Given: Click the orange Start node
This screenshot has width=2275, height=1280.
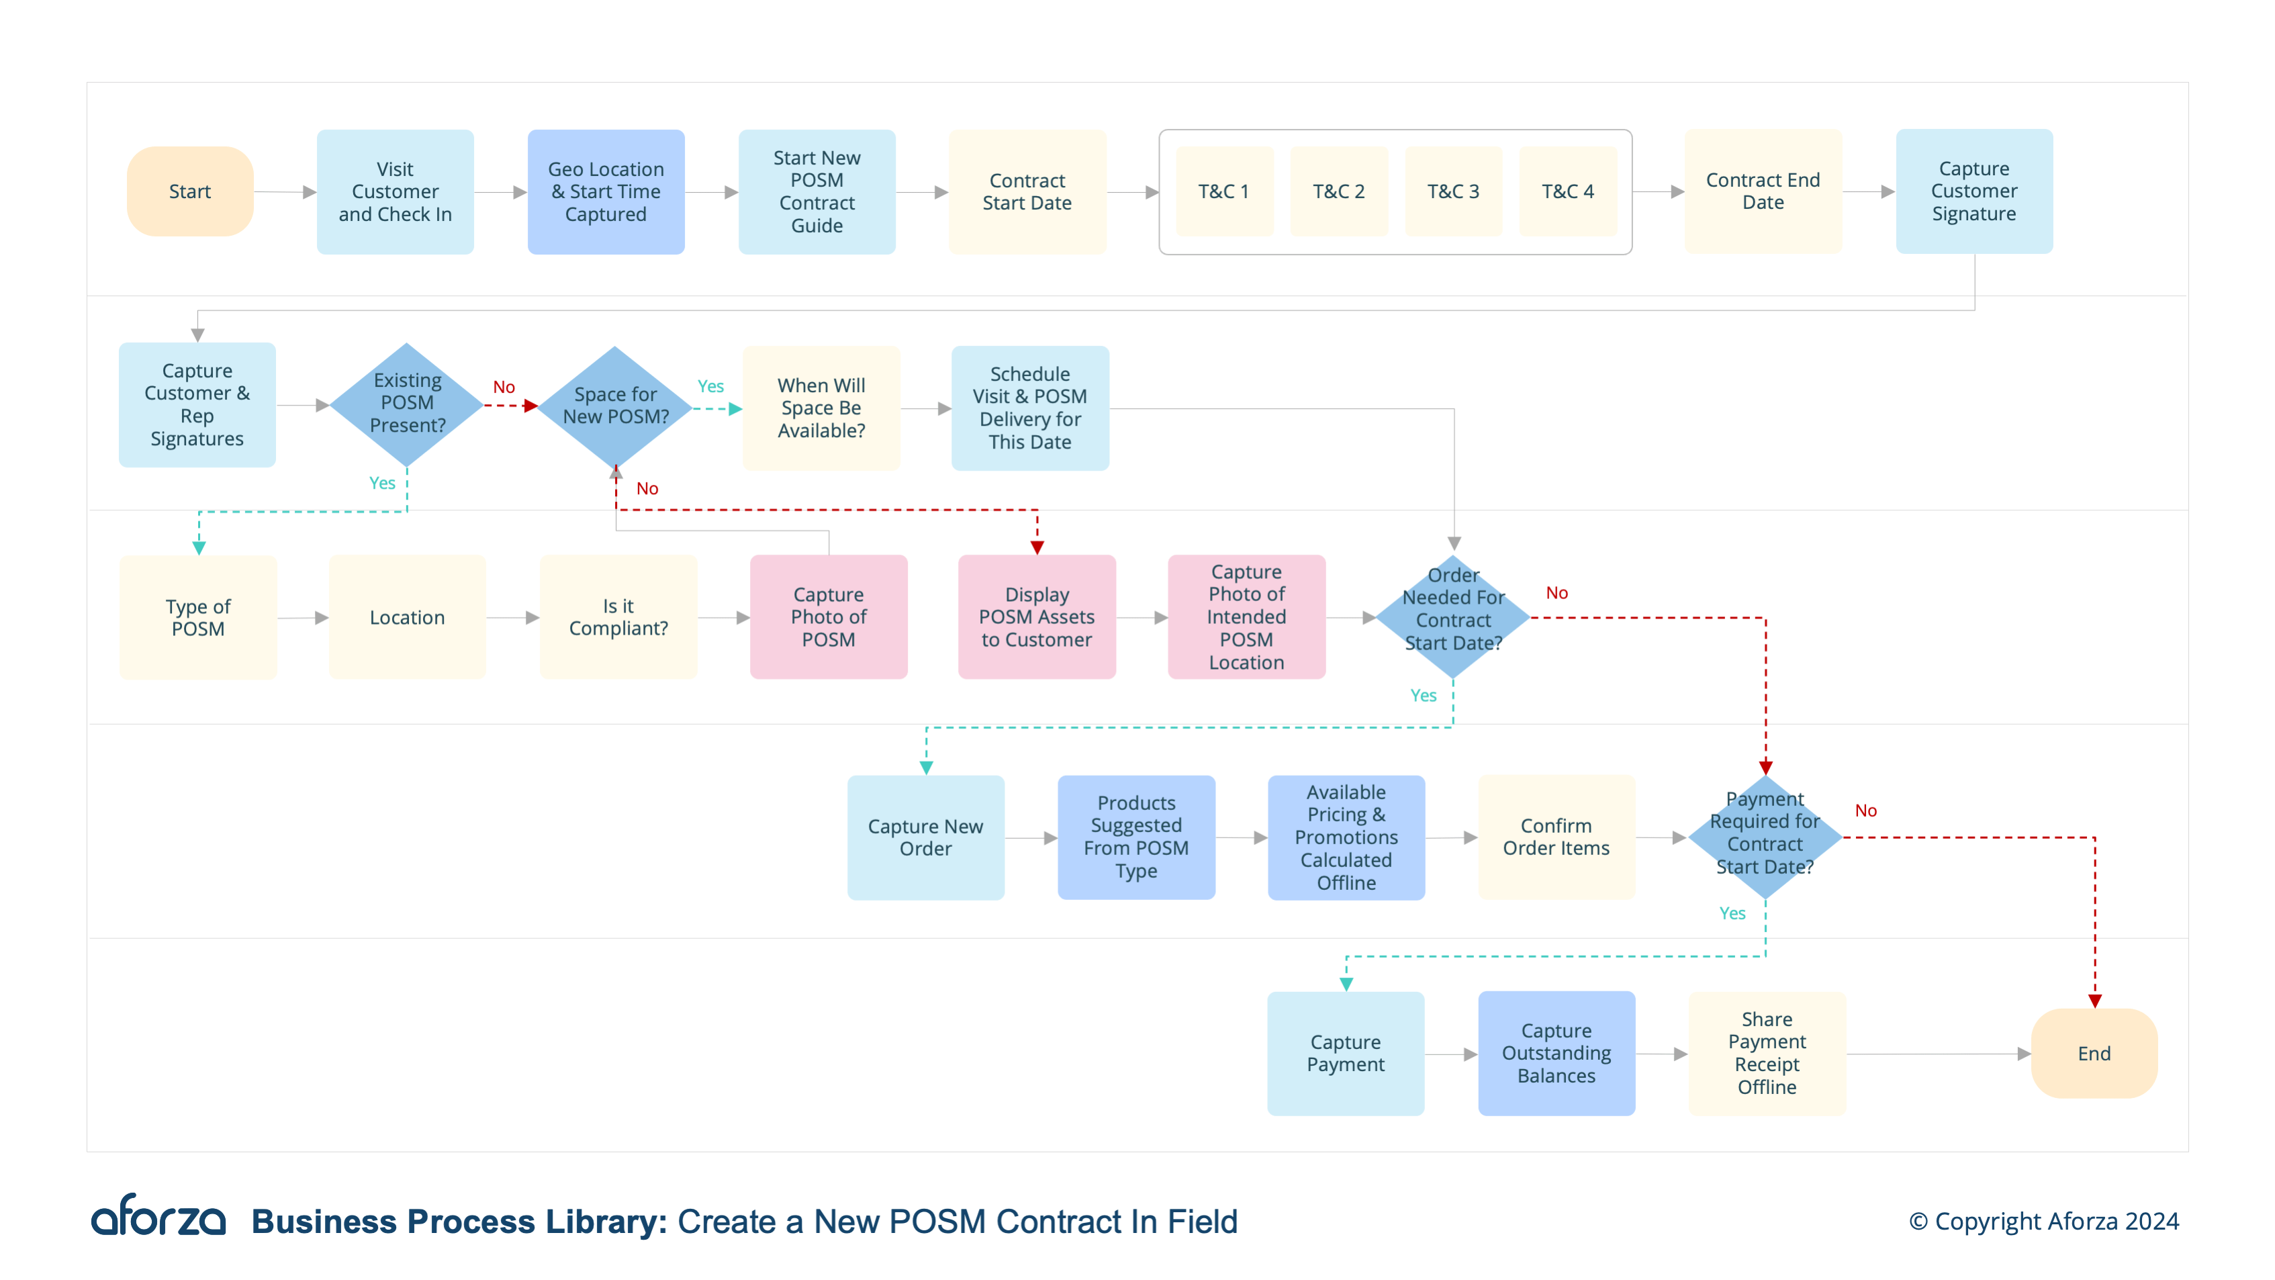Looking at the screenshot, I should point(190,191).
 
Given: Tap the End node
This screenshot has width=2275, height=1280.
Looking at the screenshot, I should point(2093,1053).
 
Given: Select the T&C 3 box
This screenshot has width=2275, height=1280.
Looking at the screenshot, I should point(1453,191).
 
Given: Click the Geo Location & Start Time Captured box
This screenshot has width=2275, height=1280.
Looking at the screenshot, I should point(606,191).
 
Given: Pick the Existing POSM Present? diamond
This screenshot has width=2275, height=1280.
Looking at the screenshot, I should point(406,404).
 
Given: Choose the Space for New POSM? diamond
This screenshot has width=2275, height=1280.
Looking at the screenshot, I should point(616,406).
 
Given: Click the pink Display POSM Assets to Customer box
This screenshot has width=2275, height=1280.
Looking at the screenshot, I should point(1036,616).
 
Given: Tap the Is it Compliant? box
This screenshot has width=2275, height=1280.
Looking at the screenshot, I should point(618,616).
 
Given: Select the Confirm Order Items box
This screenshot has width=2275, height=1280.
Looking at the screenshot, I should point(1556,837).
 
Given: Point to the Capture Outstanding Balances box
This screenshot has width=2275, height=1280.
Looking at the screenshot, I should point(1556,1053).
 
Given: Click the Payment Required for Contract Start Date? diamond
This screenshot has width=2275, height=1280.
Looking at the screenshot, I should point(1765,835).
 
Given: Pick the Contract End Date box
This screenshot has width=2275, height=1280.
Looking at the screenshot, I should point(1763,191).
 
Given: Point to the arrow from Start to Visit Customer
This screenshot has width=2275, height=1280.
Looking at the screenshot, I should point(285,191).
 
